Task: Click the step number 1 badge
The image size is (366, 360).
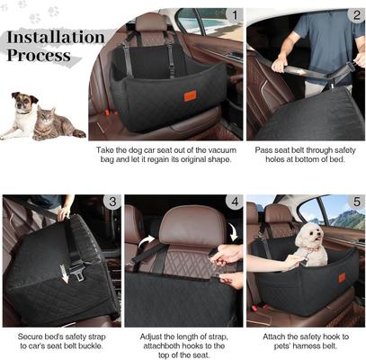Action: [x=234, y=15]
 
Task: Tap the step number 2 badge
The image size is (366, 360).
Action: [x=356, y=15]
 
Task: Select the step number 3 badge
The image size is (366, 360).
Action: [x=112, y=202]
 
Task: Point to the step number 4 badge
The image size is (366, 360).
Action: [x=234, y=202]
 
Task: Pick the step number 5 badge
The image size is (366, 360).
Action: [x=356, y=202]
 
